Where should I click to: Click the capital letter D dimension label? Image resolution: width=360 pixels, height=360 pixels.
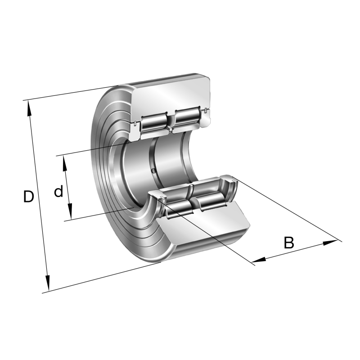pos(28,197)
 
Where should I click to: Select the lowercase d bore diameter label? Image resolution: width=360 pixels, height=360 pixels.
pos(58,192)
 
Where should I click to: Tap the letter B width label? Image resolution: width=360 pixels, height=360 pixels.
pos(288,243)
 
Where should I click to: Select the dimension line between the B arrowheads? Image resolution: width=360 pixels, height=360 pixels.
pos(295,251)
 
